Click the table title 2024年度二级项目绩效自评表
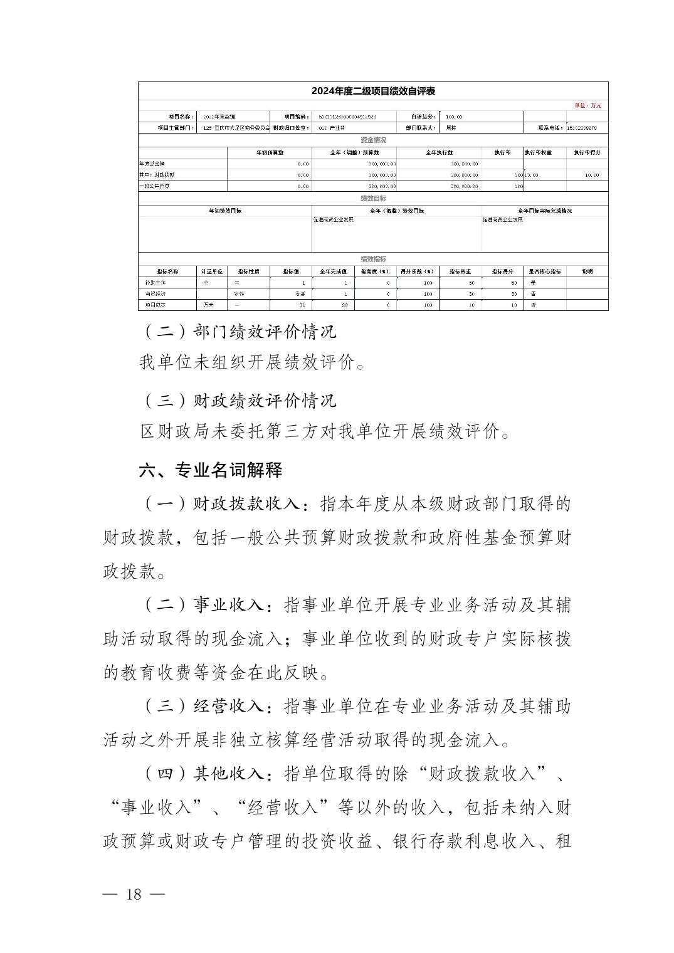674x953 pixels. coord(373,91)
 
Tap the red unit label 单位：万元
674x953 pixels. coord(587,105)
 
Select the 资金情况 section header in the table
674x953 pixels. coord(373,140)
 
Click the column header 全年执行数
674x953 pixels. coord(439,152)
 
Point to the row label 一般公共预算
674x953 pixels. coord(154,186)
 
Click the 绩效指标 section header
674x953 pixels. coord(373,259)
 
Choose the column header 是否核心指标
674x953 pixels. coord(545,271)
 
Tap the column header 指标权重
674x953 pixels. coord(460,271)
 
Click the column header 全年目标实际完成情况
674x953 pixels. coord(544,211)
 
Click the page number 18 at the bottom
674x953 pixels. coord(134,895)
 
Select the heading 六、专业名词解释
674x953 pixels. coord(211,470)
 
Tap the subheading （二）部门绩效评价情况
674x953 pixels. coord(239,331)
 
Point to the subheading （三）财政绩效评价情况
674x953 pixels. coord(239,400)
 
